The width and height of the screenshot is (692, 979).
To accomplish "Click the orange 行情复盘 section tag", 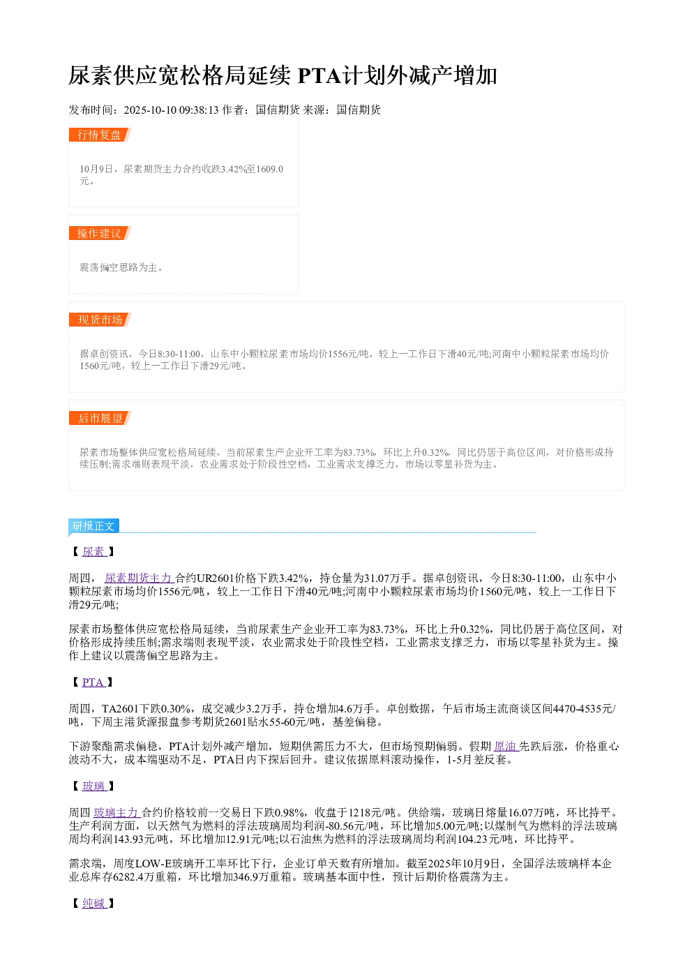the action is pos(100,135).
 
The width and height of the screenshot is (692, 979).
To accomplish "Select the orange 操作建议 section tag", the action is pos(100,233).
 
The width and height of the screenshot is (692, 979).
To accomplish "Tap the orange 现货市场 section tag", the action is pos(100,320).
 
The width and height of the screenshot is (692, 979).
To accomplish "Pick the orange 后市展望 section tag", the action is pos(100,418).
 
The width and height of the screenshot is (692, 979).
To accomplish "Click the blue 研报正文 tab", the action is pos(93,525).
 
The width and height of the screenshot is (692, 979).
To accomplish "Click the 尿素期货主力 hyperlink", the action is pos(140,578).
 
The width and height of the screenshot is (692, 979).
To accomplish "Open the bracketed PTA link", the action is pos(93,682).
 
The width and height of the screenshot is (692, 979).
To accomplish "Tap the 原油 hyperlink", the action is pos(506,746).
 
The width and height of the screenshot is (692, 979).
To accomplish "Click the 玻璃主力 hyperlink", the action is pos(116,812).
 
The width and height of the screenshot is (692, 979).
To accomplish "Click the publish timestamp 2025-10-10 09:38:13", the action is pos(171,110).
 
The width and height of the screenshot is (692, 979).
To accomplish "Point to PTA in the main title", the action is pos(319,75).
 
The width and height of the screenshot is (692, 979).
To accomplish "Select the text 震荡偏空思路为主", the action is pos(118,267).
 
